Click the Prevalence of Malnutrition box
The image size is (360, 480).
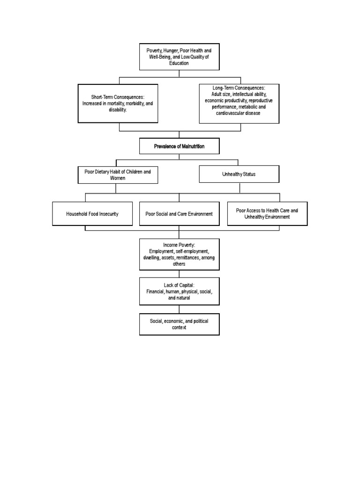pyautogui.click(x=179, y=146)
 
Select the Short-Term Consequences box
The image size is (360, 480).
pyautogui.click(x=118, y=103)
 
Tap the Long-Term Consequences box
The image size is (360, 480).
pyautogui.click(x=239, y=104)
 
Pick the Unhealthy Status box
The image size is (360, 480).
pyautogui.click(x=239, y=174)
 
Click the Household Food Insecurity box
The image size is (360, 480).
pyautogui.click(x=92, y=214)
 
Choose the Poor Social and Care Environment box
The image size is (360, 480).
pyautogui.click(x=179, y=214)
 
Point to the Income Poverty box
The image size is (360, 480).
pyautogui.click(x=179, y=254)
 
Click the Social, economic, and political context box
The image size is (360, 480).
pyautogui.click(x=179, y=324)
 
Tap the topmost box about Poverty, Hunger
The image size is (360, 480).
pyautogui.click(x=179, y=57)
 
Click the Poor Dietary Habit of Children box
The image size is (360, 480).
pyautogui.click(x=118, y=174)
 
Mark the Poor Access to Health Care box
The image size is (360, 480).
pyautogui.click(x=267, y=214)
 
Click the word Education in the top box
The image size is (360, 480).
pyautogui.click(x=179, y=63)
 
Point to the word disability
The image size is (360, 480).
pyautogui.click(x=118, y=110)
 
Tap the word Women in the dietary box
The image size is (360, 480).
pyautogui.click(x=118, y=178)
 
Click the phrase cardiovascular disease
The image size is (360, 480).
pyautogui.click(x=239, y=113)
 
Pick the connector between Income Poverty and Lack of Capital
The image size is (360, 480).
pyautogui.click(x=179, y=274)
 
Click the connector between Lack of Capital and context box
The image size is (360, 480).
pyautogui.click(x=179, y=310)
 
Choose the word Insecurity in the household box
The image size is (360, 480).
pyautogui.click(x=107, y=214)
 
